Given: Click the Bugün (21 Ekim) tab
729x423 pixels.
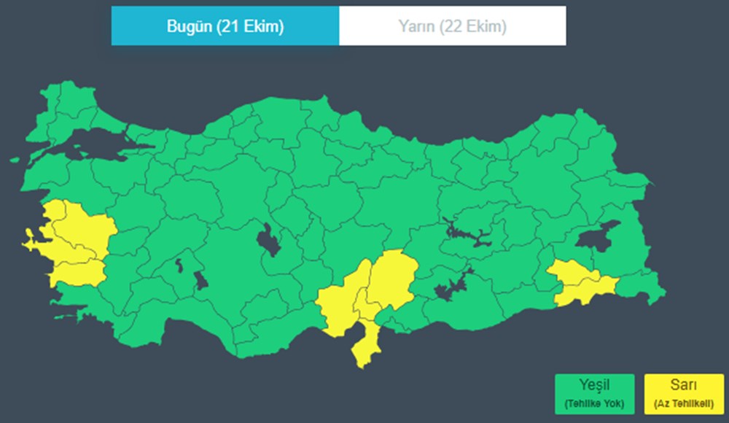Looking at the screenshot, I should (225, 26).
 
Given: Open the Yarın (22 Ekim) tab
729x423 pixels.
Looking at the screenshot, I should (452, 26).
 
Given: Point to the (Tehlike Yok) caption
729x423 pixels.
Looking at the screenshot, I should (593, 403).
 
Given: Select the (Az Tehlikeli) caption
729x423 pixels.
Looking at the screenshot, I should (684, 403).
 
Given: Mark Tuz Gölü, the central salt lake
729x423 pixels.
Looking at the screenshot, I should (268, 240).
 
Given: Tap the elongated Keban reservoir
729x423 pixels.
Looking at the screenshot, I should (467, 235).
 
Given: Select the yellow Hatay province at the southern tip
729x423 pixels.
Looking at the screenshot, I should (364, 343).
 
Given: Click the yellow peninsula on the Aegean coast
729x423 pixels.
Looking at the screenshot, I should (34, 241).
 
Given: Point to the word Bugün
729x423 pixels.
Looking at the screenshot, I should (188, 26).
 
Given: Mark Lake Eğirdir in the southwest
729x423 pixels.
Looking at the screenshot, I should (179, 265).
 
